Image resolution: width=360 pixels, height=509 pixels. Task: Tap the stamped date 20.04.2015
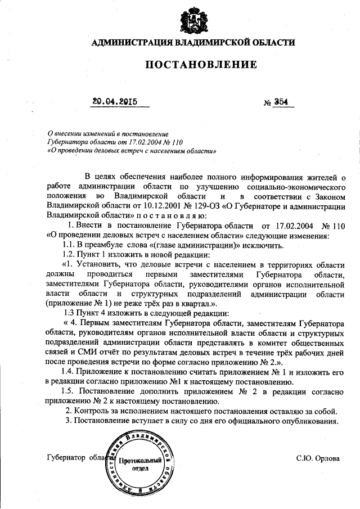pos(115,102)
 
